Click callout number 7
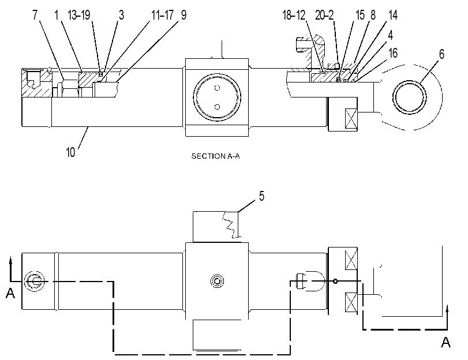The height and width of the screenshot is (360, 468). [35, 15]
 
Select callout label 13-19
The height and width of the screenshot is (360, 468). [79, 15]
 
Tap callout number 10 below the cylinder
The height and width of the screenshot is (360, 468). [70, 152]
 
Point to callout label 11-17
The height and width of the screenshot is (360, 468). [162, 15]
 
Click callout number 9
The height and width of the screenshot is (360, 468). [184, 15]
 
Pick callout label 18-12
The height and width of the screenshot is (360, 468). [294, 15]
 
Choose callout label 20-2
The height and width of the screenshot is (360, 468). [324, 15]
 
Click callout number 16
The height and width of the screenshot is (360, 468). [393, 53]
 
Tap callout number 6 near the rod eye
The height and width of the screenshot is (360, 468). [441, 54]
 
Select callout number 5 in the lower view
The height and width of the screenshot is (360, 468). [261, 196]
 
